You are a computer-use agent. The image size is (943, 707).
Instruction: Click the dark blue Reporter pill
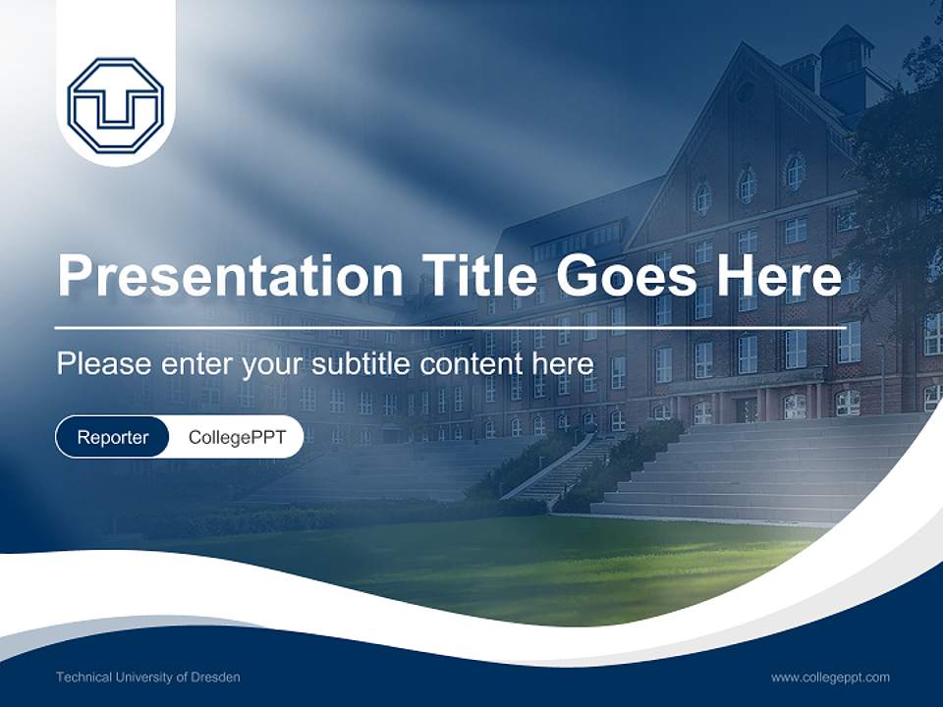click(113, 437)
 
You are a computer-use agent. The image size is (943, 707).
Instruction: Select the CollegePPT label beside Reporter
click(237, 437)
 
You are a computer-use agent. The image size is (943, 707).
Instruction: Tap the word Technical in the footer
click(84, 678)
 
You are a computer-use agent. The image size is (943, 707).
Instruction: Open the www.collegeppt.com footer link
click(830, 678)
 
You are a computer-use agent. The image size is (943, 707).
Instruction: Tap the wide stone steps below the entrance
click(766, 471)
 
